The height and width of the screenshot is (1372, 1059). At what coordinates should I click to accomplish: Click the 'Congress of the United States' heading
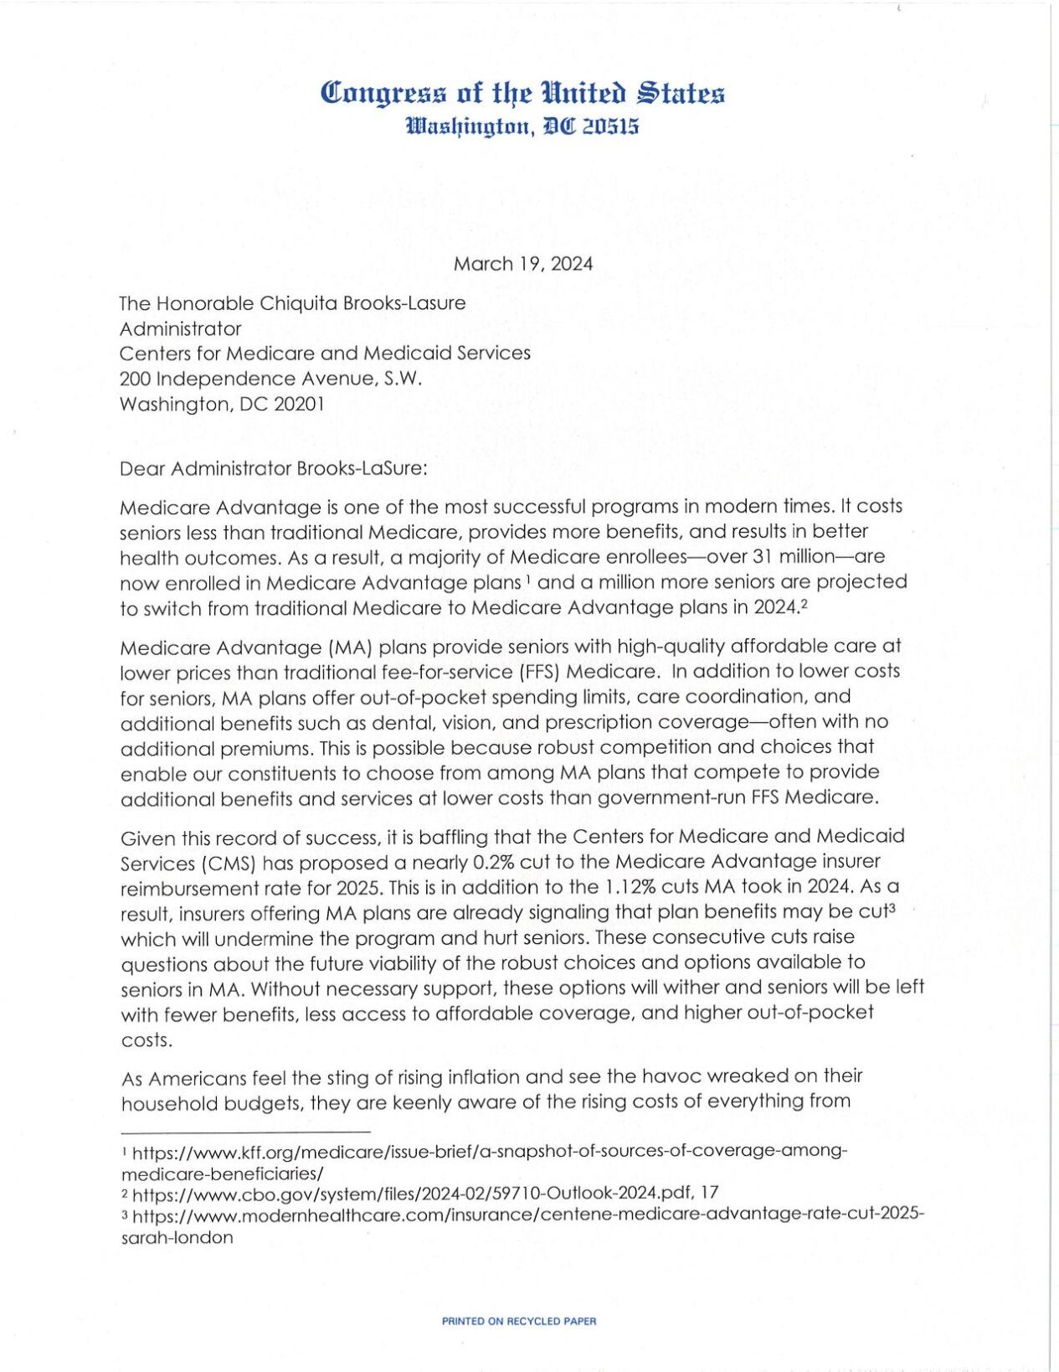pyautogui.click(x=523, y=93)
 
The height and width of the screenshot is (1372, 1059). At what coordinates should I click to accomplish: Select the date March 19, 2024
pyautogui.click(x=523, y=265)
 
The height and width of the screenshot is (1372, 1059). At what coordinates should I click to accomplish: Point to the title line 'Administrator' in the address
pyautogui.click(x=180, y=328)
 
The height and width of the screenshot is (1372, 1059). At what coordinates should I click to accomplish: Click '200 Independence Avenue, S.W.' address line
pyautogui.click(x=270, y=379)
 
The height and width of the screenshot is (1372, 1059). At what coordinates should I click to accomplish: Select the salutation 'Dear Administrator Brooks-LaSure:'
pyautogui.click(x=274, y=468)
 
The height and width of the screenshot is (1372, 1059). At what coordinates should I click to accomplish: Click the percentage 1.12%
pyautogui.click(x=630, y=888)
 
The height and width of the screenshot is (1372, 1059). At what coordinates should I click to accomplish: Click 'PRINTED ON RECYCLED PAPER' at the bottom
pyautogui.click(x=519, y=1322)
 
